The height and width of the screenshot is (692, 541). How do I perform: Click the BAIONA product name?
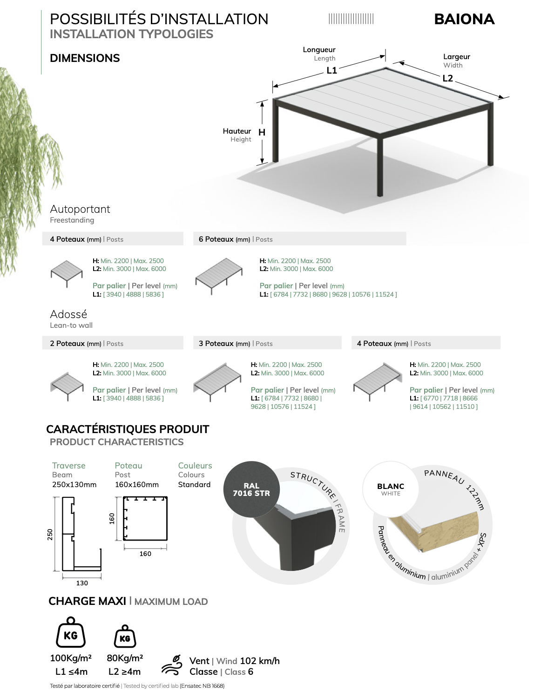tap(464, 19)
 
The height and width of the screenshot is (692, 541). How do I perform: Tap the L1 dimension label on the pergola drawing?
tap(331, 70)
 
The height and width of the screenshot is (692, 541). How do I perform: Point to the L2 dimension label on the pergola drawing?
tap(447, 78)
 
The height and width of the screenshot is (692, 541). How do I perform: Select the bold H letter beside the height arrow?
tap(262, 132)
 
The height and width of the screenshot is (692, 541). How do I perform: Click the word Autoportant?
tap(80, 209)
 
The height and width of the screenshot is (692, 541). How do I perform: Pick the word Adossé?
tap(68, 314)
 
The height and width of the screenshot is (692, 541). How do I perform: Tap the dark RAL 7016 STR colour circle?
tap(251, 489)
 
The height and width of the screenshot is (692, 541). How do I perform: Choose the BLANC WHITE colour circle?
tap(391, 489)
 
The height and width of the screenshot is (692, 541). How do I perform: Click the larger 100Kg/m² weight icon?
tap(71, 632)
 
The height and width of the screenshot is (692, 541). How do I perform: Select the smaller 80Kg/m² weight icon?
tap(125, 636)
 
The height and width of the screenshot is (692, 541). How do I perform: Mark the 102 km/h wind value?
tap(260, 661)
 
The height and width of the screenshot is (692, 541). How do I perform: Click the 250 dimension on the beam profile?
tap(50, 535)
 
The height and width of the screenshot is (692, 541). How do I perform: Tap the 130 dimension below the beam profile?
tap(82, 583)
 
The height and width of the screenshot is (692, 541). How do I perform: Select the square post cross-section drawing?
tap(145, 518)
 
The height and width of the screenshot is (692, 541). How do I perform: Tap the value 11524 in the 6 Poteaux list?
tap(385, 294)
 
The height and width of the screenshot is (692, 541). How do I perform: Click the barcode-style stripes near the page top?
tap(351, 19)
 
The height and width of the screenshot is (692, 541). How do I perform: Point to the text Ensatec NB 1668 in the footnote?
tap(202, 685)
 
